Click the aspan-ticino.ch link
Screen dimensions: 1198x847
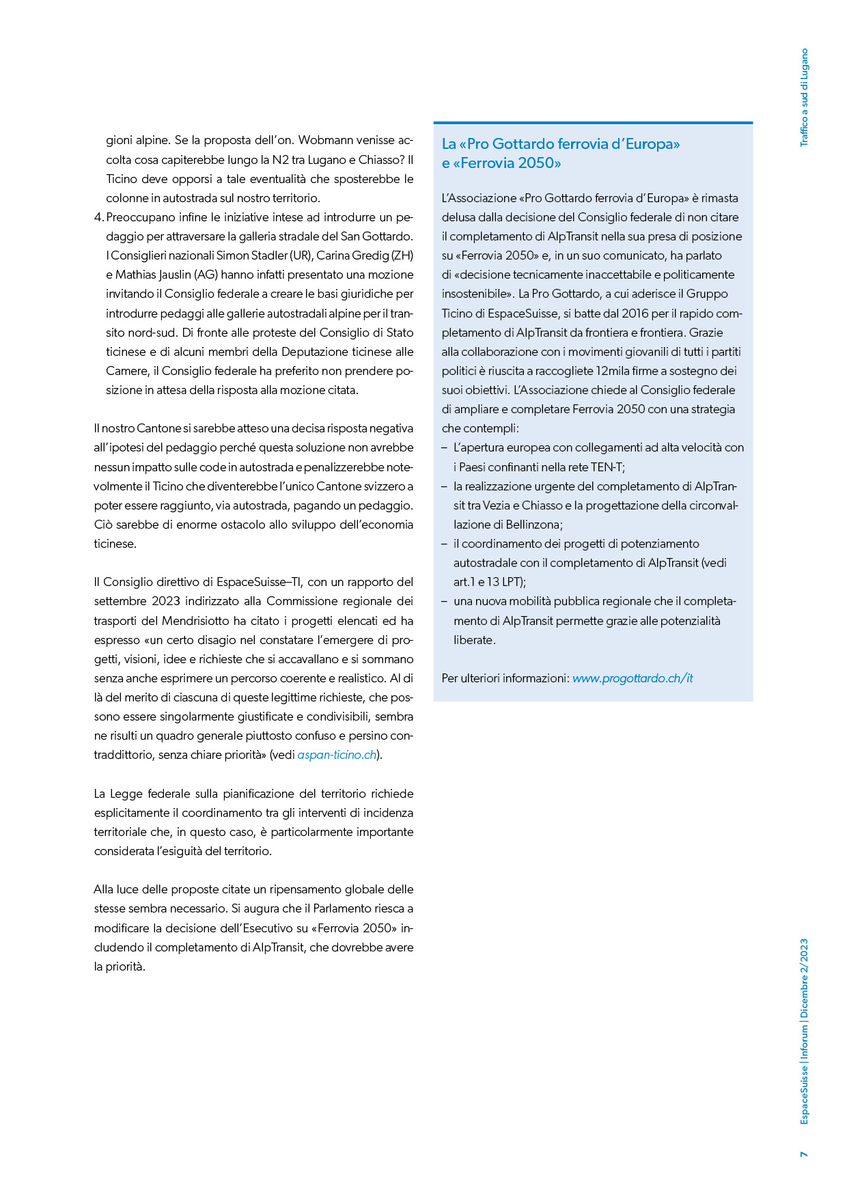coord(337,755)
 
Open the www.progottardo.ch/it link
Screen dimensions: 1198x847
coord(633,678)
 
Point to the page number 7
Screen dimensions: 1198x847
coord(804,1154)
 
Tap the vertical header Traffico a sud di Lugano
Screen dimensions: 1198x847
coord(804,97)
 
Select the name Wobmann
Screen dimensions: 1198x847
coord(327,140)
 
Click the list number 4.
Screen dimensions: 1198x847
coord(98,217)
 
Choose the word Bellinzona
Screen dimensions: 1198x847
coord(532,525)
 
